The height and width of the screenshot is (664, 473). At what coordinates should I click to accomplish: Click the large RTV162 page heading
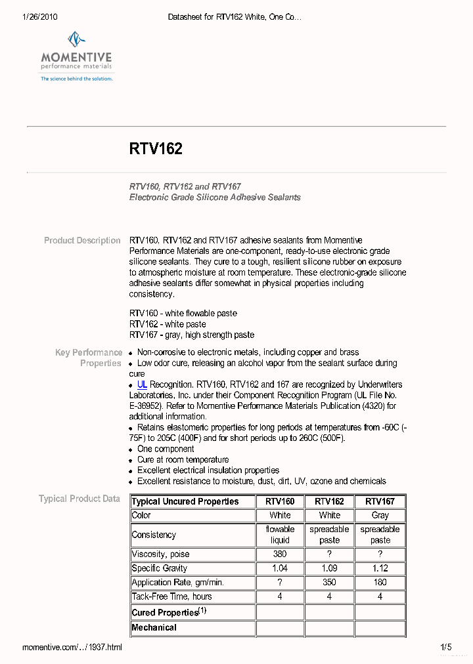(x=156, y=149)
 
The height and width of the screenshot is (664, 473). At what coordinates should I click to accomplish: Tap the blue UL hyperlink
(x=142, y=384)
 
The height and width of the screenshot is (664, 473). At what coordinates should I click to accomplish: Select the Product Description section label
(x=82, y=240)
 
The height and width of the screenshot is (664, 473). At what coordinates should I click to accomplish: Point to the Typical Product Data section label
(x=79, y=499)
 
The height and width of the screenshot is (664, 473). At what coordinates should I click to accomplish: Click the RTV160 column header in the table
(x=280, y=501)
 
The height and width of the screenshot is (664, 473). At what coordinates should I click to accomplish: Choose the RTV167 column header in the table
(x=380, y=501)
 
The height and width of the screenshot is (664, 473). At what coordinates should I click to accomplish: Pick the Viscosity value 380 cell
(x=280, y=554)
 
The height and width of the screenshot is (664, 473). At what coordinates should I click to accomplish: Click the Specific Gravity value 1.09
(x=329, y=568)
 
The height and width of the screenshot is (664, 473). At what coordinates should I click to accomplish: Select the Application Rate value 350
(x=329, y=582)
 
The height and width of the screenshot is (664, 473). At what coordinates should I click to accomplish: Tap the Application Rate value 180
(x=380, y=582)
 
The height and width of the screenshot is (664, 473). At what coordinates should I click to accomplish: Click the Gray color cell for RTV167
(x=380, y=515)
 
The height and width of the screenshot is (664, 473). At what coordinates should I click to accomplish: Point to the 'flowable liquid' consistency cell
(x=280, y=535)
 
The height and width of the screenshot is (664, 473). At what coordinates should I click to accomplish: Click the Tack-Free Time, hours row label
(x=162, y=596)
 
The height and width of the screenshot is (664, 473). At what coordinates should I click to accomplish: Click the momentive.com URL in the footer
(x=72, y=648)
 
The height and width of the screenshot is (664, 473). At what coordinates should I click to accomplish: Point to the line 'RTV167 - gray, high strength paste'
(x=192, y=335)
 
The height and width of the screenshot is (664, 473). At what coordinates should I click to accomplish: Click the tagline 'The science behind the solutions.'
(x=77, y=79)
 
